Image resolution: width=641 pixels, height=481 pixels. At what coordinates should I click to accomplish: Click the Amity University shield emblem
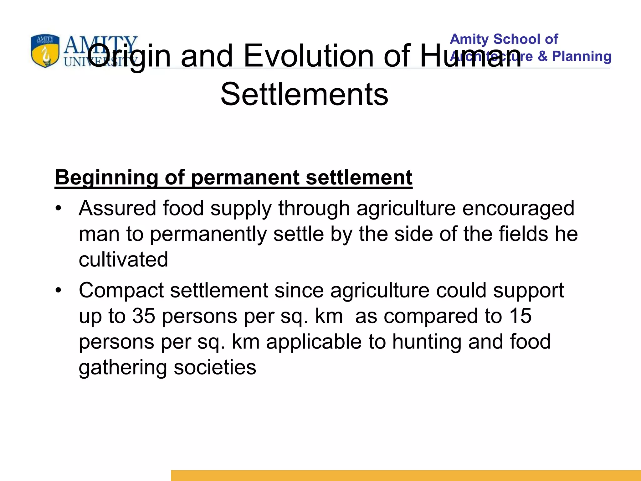45,51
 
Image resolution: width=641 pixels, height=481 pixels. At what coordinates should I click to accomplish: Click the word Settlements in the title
304,94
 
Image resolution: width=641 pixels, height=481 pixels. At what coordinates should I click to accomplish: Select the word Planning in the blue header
582,56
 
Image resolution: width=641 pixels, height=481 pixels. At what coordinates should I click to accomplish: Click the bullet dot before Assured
58,208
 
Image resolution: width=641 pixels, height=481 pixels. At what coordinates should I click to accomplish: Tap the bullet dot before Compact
58,290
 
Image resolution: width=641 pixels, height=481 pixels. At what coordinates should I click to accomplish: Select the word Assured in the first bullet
117,208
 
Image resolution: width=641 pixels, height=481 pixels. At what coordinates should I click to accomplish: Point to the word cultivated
123,260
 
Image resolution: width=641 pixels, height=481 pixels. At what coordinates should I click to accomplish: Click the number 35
144,316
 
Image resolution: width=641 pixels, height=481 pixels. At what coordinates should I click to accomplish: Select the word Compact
121,290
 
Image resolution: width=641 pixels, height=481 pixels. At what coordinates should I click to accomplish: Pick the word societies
215,367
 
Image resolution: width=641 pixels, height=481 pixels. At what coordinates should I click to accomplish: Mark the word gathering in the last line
123,368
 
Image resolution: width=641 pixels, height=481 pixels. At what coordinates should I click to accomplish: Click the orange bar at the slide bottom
406,475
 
